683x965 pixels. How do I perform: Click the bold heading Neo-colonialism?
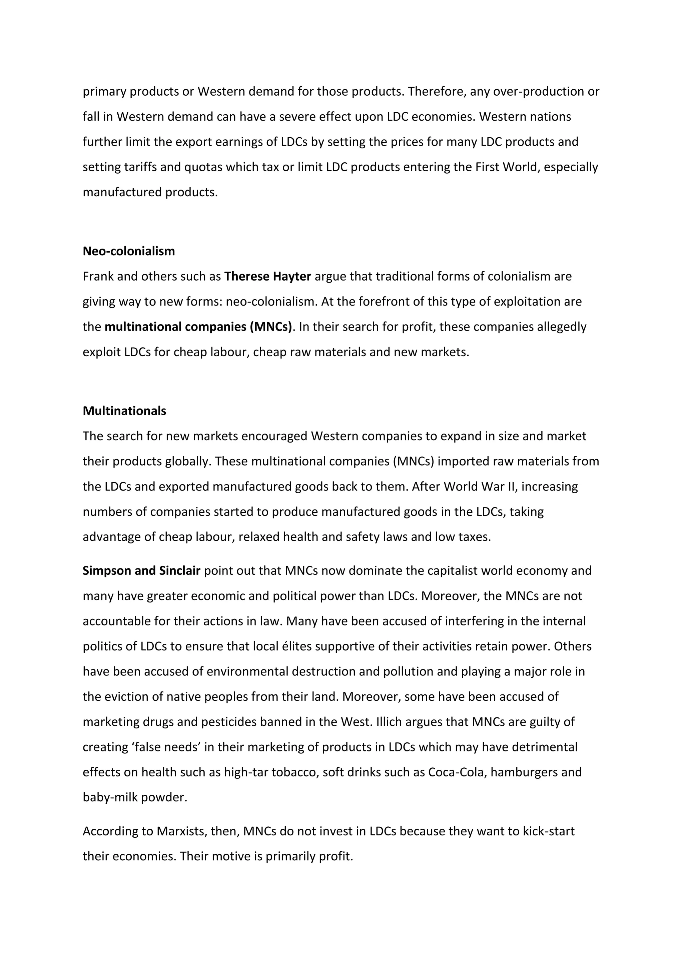point(129,251)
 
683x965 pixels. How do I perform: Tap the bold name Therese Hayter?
point(267,276)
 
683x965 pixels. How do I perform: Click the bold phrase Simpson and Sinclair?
point(141,570)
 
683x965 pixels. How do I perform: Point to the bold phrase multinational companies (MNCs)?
point(198,327)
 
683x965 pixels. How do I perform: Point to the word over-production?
point(539,91)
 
